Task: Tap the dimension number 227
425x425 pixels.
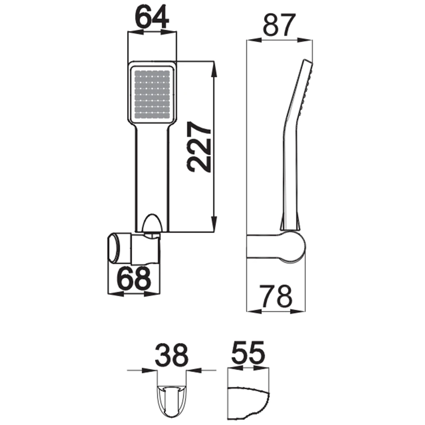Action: tap(198, 147)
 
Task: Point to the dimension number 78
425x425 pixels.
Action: tap(276, 296)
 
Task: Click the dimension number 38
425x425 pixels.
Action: tap(172, 354)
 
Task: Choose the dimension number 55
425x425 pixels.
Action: tap(248, 353)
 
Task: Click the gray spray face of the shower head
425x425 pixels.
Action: tap(152, 94)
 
